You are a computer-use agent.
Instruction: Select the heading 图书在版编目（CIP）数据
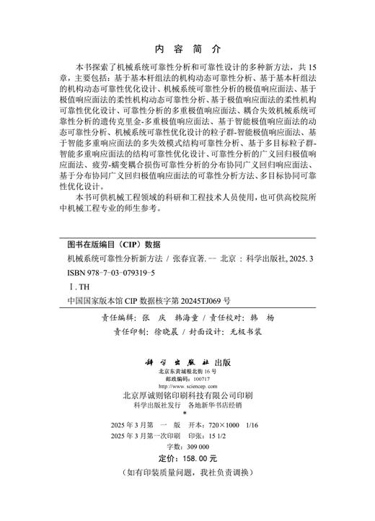(109, 243)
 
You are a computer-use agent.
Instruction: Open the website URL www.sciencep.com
(187, 387)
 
